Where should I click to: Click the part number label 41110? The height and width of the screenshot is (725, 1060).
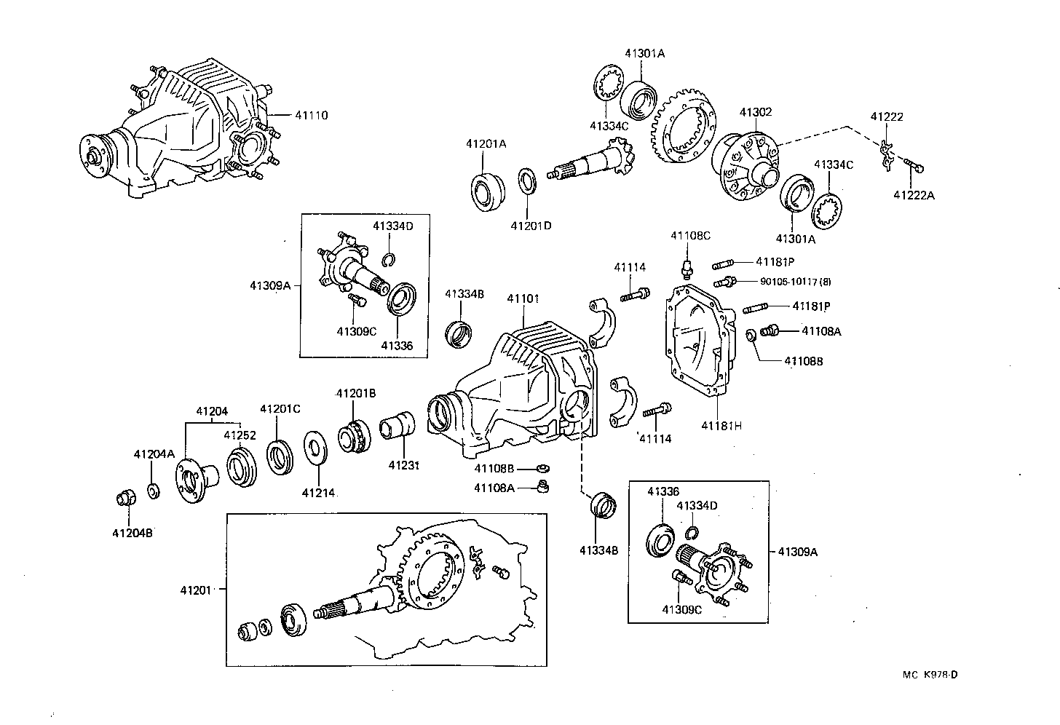(312, 115)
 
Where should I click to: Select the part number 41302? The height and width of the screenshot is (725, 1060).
(756, 112)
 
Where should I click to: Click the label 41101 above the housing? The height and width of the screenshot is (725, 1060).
(523, 298)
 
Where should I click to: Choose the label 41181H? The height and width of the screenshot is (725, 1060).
(721, 425)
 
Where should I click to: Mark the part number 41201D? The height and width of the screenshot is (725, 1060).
(531, 226)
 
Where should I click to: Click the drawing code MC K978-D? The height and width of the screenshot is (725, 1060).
(930, 674)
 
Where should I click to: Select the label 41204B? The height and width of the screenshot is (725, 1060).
(132, 532)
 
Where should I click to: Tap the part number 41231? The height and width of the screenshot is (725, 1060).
(404, 464)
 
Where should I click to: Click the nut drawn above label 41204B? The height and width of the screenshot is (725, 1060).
(127, 499)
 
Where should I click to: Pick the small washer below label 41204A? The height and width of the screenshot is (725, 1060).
(154, 491)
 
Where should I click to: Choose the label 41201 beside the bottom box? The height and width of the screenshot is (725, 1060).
(196, 590)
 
